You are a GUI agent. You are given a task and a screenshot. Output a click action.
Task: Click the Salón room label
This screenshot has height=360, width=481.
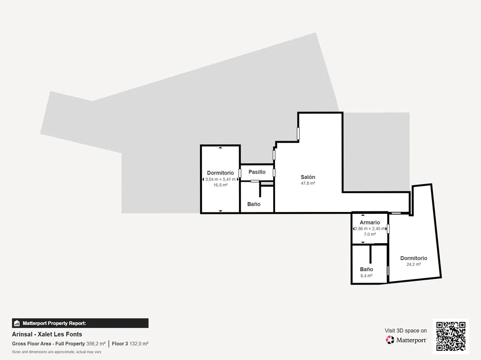308,177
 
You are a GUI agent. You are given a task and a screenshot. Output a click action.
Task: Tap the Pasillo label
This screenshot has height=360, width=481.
257,172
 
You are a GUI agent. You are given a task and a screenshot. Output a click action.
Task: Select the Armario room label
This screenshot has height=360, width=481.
369,223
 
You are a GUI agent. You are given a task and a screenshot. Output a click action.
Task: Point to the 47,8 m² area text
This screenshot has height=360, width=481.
308,184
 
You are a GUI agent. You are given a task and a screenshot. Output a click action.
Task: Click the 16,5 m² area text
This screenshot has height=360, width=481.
221,185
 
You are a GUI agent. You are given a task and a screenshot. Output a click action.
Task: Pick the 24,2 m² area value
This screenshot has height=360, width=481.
414,264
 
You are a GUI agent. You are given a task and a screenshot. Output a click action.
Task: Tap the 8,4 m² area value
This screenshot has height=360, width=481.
366,276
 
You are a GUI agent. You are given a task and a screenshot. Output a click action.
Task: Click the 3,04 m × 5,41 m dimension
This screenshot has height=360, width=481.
221,179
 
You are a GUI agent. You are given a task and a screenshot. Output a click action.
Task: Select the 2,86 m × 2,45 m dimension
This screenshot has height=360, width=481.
370,228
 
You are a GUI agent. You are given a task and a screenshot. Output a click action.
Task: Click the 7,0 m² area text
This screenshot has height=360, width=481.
369,234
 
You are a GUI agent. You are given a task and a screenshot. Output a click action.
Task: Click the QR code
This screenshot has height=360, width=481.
451,336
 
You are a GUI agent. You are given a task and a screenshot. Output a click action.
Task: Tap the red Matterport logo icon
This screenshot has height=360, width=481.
390,340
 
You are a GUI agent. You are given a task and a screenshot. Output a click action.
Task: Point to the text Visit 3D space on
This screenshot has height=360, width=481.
406,331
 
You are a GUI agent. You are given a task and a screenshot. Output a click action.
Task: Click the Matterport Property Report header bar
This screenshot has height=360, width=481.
80,323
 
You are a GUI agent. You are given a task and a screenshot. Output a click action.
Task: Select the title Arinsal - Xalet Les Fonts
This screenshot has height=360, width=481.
47,334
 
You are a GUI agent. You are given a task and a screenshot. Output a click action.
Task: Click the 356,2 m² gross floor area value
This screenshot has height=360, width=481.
96,344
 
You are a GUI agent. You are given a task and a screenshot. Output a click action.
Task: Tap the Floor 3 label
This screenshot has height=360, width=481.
120,344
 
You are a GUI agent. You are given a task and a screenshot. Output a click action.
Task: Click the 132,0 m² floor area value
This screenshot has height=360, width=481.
139,344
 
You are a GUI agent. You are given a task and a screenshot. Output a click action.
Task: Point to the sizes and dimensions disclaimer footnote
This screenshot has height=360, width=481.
57,352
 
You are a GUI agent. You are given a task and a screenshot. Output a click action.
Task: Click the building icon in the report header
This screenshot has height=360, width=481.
17,323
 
